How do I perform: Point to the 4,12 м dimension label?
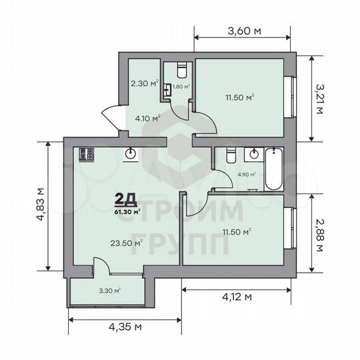(237, 296)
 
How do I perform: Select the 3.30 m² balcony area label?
(109, 290)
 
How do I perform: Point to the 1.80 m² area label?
(181, 87)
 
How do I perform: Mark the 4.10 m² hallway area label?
(147, 118)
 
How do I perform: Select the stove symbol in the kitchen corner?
(86, 155)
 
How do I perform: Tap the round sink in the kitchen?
(131, 154)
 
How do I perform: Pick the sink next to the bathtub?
(253, 154)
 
